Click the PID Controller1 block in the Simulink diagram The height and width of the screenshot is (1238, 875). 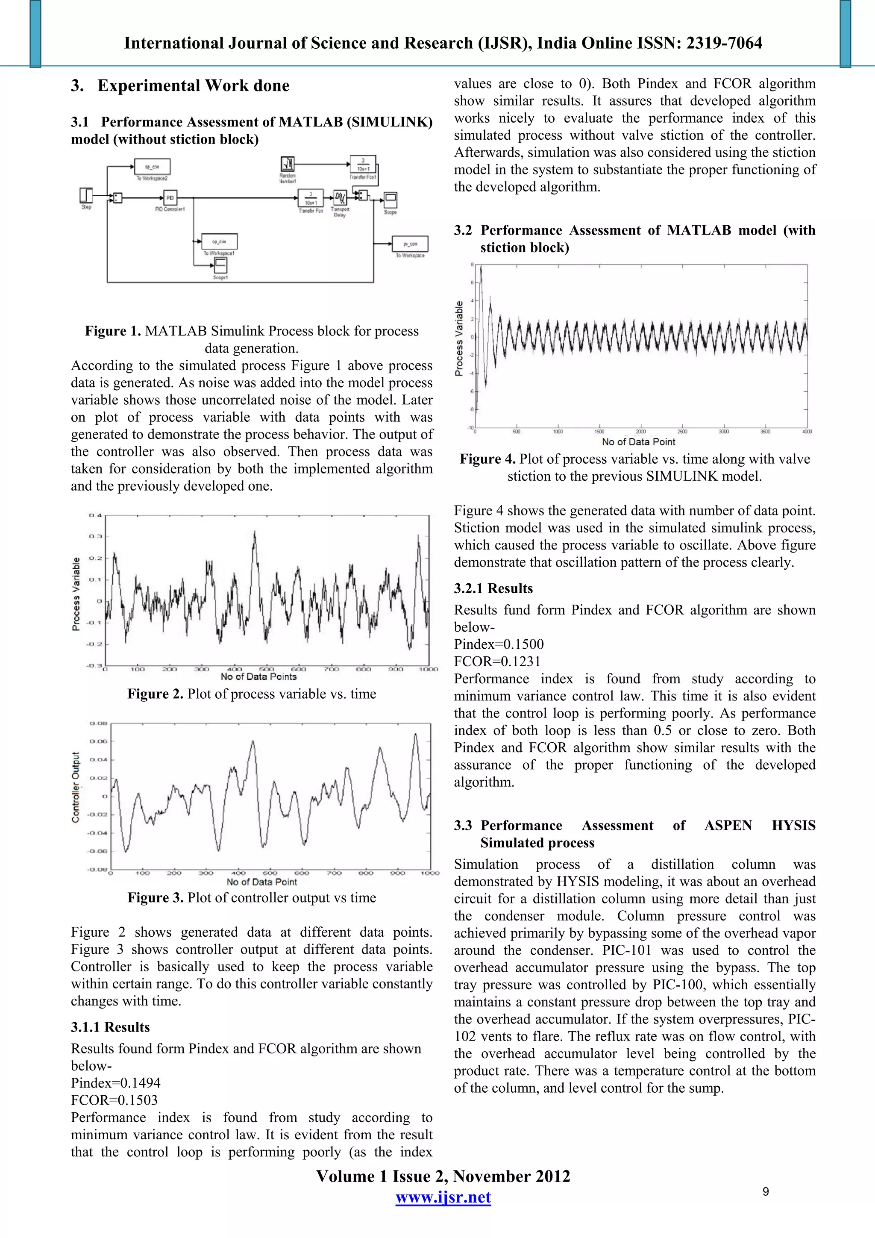[170, 198]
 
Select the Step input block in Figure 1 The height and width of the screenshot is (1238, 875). [86, 195]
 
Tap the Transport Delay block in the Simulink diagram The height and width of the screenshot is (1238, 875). [340, 197]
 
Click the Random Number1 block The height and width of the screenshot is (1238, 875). [288, 164]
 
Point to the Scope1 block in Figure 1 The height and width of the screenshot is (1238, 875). [220, 265]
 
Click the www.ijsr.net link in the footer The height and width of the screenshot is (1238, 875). [443, 1197]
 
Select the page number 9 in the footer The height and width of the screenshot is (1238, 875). [766, 1191]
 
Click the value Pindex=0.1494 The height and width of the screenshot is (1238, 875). [115, 1083]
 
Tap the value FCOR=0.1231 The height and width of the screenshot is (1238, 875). [496, 661]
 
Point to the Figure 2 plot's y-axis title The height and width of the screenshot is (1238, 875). [76, 593]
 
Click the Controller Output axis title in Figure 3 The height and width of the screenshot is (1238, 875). [76, 787]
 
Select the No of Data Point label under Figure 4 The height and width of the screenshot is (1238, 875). [638, 441]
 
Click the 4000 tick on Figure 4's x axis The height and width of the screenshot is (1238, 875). [807, 431]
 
